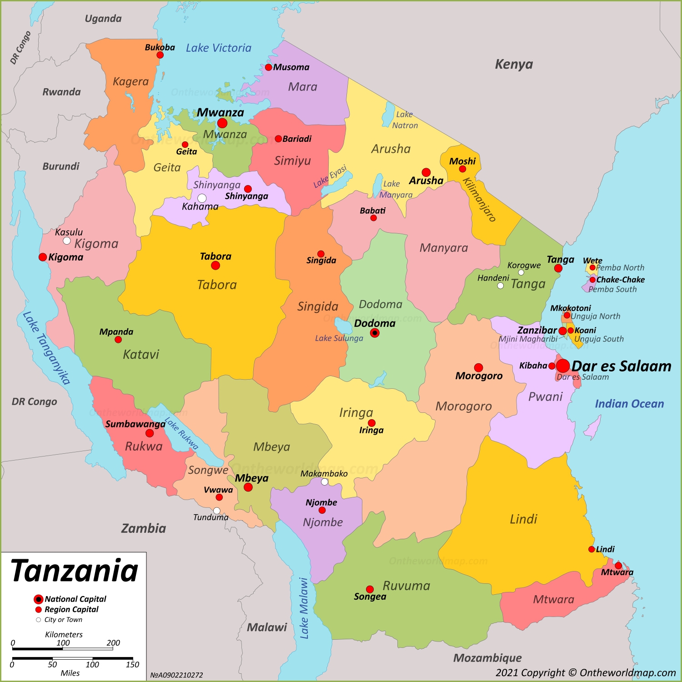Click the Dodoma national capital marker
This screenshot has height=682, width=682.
click(x=375, y=333)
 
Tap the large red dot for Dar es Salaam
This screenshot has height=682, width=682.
click(x=563, y=366)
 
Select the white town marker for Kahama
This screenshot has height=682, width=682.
click(x=202, y=198)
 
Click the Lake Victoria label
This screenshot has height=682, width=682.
click(x=218, y=48)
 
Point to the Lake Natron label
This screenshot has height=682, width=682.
click(x=404, y=120)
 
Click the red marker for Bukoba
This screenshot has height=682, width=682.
click(x=160, y=55)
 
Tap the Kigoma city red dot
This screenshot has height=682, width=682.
click(x=43, y=257)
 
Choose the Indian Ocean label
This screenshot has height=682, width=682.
click(x=629, y=404)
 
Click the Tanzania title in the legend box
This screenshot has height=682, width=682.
click(x=74, y=571)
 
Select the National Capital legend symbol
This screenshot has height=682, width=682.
click(x=39, y=599)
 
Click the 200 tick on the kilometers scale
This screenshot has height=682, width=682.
click(x=113, y=643)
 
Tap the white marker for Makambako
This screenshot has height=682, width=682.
click(x=325, y=482)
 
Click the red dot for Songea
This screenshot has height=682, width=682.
click(x=370, y=589)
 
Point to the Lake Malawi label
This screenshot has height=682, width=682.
click(x=304, y=608)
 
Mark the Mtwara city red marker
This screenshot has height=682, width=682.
click(x=618, y=566)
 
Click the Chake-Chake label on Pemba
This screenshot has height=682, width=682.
click(x=620, y=280)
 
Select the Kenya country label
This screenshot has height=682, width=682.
click(x=514, y=65)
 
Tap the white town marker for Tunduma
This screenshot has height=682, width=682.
click(x=217, y=511)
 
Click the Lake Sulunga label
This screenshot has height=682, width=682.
click(x=339, y=338)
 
